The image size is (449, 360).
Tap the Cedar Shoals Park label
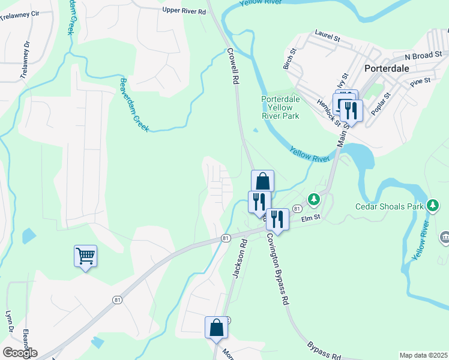point(390,206)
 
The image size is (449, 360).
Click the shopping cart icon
point(85,256)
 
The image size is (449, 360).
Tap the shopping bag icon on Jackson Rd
point(216,328)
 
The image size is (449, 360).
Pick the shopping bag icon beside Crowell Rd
point(262,181)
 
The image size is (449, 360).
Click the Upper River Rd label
point(184,10)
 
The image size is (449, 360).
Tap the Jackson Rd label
point(240,257)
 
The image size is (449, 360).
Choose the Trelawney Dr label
point(25,60)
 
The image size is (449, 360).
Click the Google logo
point(20,353)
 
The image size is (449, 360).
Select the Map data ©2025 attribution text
point(423,355)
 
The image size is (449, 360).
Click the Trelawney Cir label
point(20,12)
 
